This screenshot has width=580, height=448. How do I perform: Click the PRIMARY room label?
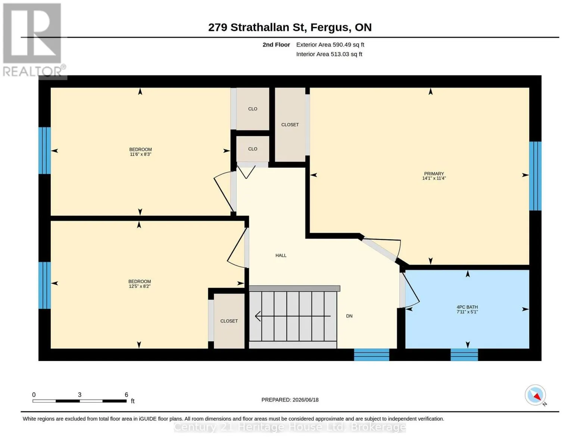pos(434,174)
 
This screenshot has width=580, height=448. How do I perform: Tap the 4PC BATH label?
pos(467,307)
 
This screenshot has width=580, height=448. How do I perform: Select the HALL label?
pos(281,255)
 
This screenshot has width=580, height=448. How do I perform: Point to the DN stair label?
pos(349,316)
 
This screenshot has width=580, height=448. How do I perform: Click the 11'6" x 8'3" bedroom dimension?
pos(140,154)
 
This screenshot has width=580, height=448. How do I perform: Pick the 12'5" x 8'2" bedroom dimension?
pos(140,286)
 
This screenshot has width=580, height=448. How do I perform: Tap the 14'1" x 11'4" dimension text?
pos(434,178)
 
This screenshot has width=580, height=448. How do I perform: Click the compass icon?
pos(535,395)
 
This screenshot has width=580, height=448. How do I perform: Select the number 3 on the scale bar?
pos(79,395)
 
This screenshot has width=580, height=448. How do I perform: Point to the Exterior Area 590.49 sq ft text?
pos(330,44)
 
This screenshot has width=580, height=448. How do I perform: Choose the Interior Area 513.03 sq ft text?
pos(329,54)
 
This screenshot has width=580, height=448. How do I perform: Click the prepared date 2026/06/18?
pos(305,400)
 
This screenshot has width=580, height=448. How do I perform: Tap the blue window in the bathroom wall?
pos(464,355)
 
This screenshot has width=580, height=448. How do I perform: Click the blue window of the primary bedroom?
pos(535,176)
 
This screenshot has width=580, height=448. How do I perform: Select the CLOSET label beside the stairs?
pos(229,321)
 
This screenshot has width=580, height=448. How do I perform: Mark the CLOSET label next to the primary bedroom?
pos(290,125)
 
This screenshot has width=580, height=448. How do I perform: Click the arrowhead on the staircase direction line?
pos(257,316)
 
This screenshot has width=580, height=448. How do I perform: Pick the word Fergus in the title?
pos(331,28)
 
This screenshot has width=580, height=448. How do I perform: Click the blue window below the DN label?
pos(371,355)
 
